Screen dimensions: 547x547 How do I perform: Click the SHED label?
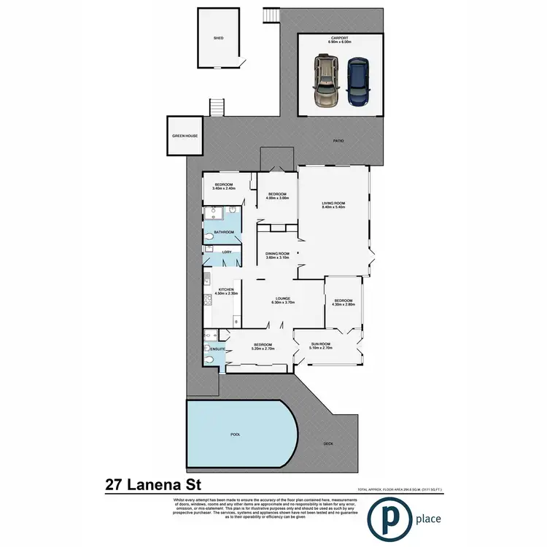pos(218,37)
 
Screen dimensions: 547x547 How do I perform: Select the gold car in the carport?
pos(325,82)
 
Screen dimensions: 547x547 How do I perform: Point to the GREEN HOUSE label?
pos(184,136)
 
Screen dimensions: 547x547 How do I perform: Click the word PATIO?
pos(338,141)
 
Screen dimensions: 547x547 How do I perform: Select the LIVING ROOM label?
pos(333,203)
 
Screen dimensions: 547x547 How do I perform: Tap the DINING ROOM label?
pos(278,253)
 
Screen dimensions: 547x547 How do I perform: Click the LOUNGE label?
pos(282,298)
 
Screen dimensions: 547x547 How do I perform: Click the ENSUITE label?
pos(217,349)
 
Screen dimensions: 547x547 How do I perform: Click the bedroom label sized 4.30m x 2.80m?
pos(343,300)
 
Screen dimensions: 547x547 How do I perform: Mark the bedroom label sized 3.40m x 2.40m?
pos(222,185)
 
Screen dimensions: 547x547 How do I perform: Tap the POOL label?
pos(235,433)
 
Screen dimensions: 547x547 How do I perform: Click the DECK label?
pos(328,443)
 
